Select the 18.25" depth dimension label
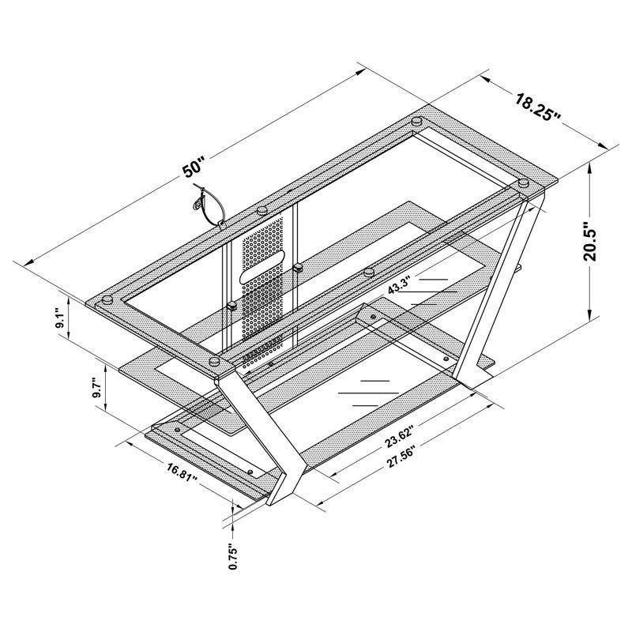point(538,107)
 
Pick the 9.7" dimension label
point(96,386)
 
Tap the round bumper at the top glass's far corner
point(416,122)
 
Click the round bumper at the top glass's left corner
point(104,300)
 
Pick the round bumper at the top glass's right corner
point(523,183)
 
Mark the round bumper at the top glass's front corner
point(215,361)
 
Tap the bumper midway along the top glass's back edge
point(261,211)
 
